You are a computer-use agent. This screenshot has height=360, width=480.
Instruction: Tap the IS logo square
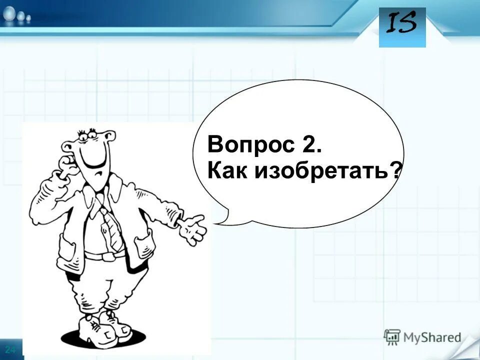coord(402,27)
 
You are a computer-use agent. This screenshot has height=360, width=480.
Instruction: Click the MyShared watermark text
coord(432,337)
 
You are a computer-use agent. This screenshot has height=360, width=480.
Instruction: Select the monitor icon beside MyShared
coord(392,337)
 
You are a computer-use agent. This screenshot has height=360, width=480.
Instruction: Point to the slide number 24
coord(10,348)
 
